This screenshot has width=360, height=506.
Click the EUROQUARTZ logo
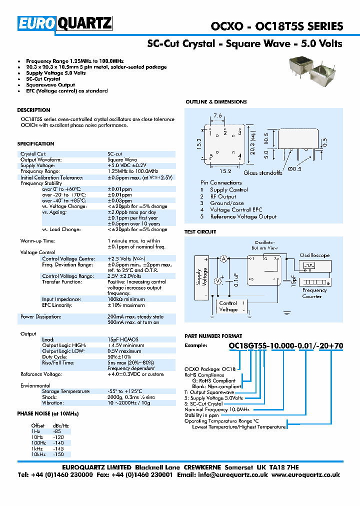(x=65, y=23)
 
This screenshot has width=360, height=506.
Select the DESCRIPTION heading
(x=33, y=110)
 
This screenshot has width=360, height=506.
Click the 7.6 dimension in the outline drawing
(x=218, y=116)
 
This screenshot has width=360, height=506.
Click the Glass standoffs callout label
(x=262, y=173)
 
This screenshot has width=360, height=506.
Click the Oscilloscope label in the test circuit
(x=314, y=255)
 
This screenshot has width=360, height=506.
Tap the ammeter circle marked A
(x=224, y=258)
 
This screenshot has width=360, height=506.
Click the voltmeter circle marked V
(x=218, y=281)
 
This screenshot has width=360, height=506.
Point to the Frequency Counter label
(x=314, y=293)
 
